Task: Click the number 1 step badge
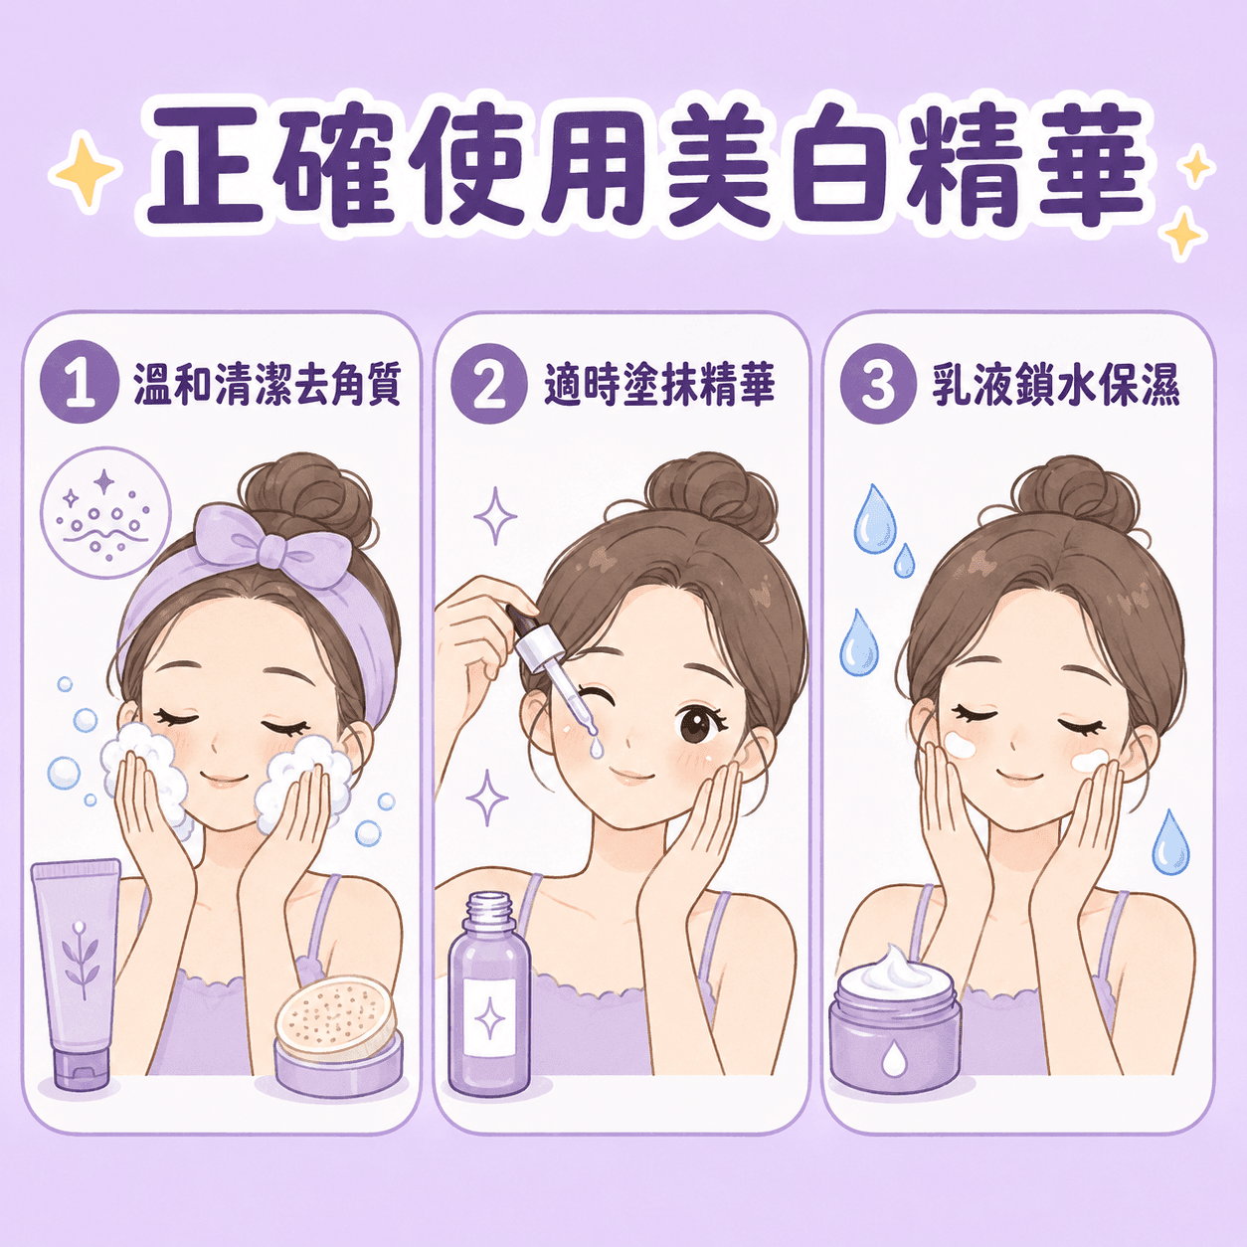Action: tap(80, 382)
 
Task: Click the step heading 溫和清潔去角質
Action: tap(267, 384)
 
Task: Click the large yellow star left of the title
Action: tap(86, 170)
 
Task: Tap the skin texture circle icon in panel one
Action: tap(104, 513)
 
